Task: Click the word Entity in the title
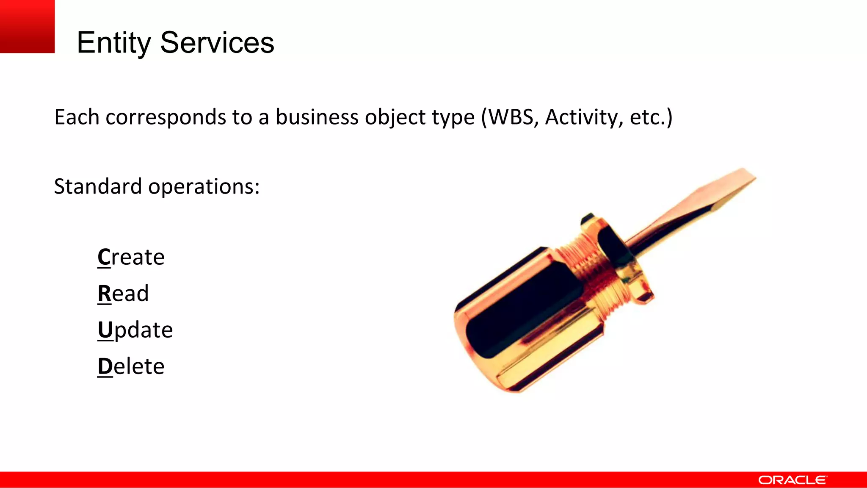coord(113,43)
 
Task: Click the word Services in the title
coord(217,43)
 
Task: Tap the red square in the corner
coord(27,26)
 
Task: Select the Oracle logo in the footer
coord(792,480)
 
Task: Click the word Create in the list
coord(131,257)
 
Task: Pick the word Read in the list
coord(123,294)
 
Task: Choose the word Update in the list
coord(135,330)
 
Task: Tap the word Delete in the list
coord(131,366)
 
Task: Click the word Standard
coord(98,186)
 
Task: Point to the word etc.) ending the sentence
coord(651,117)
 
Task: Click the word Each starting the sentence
coord(77,117)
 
